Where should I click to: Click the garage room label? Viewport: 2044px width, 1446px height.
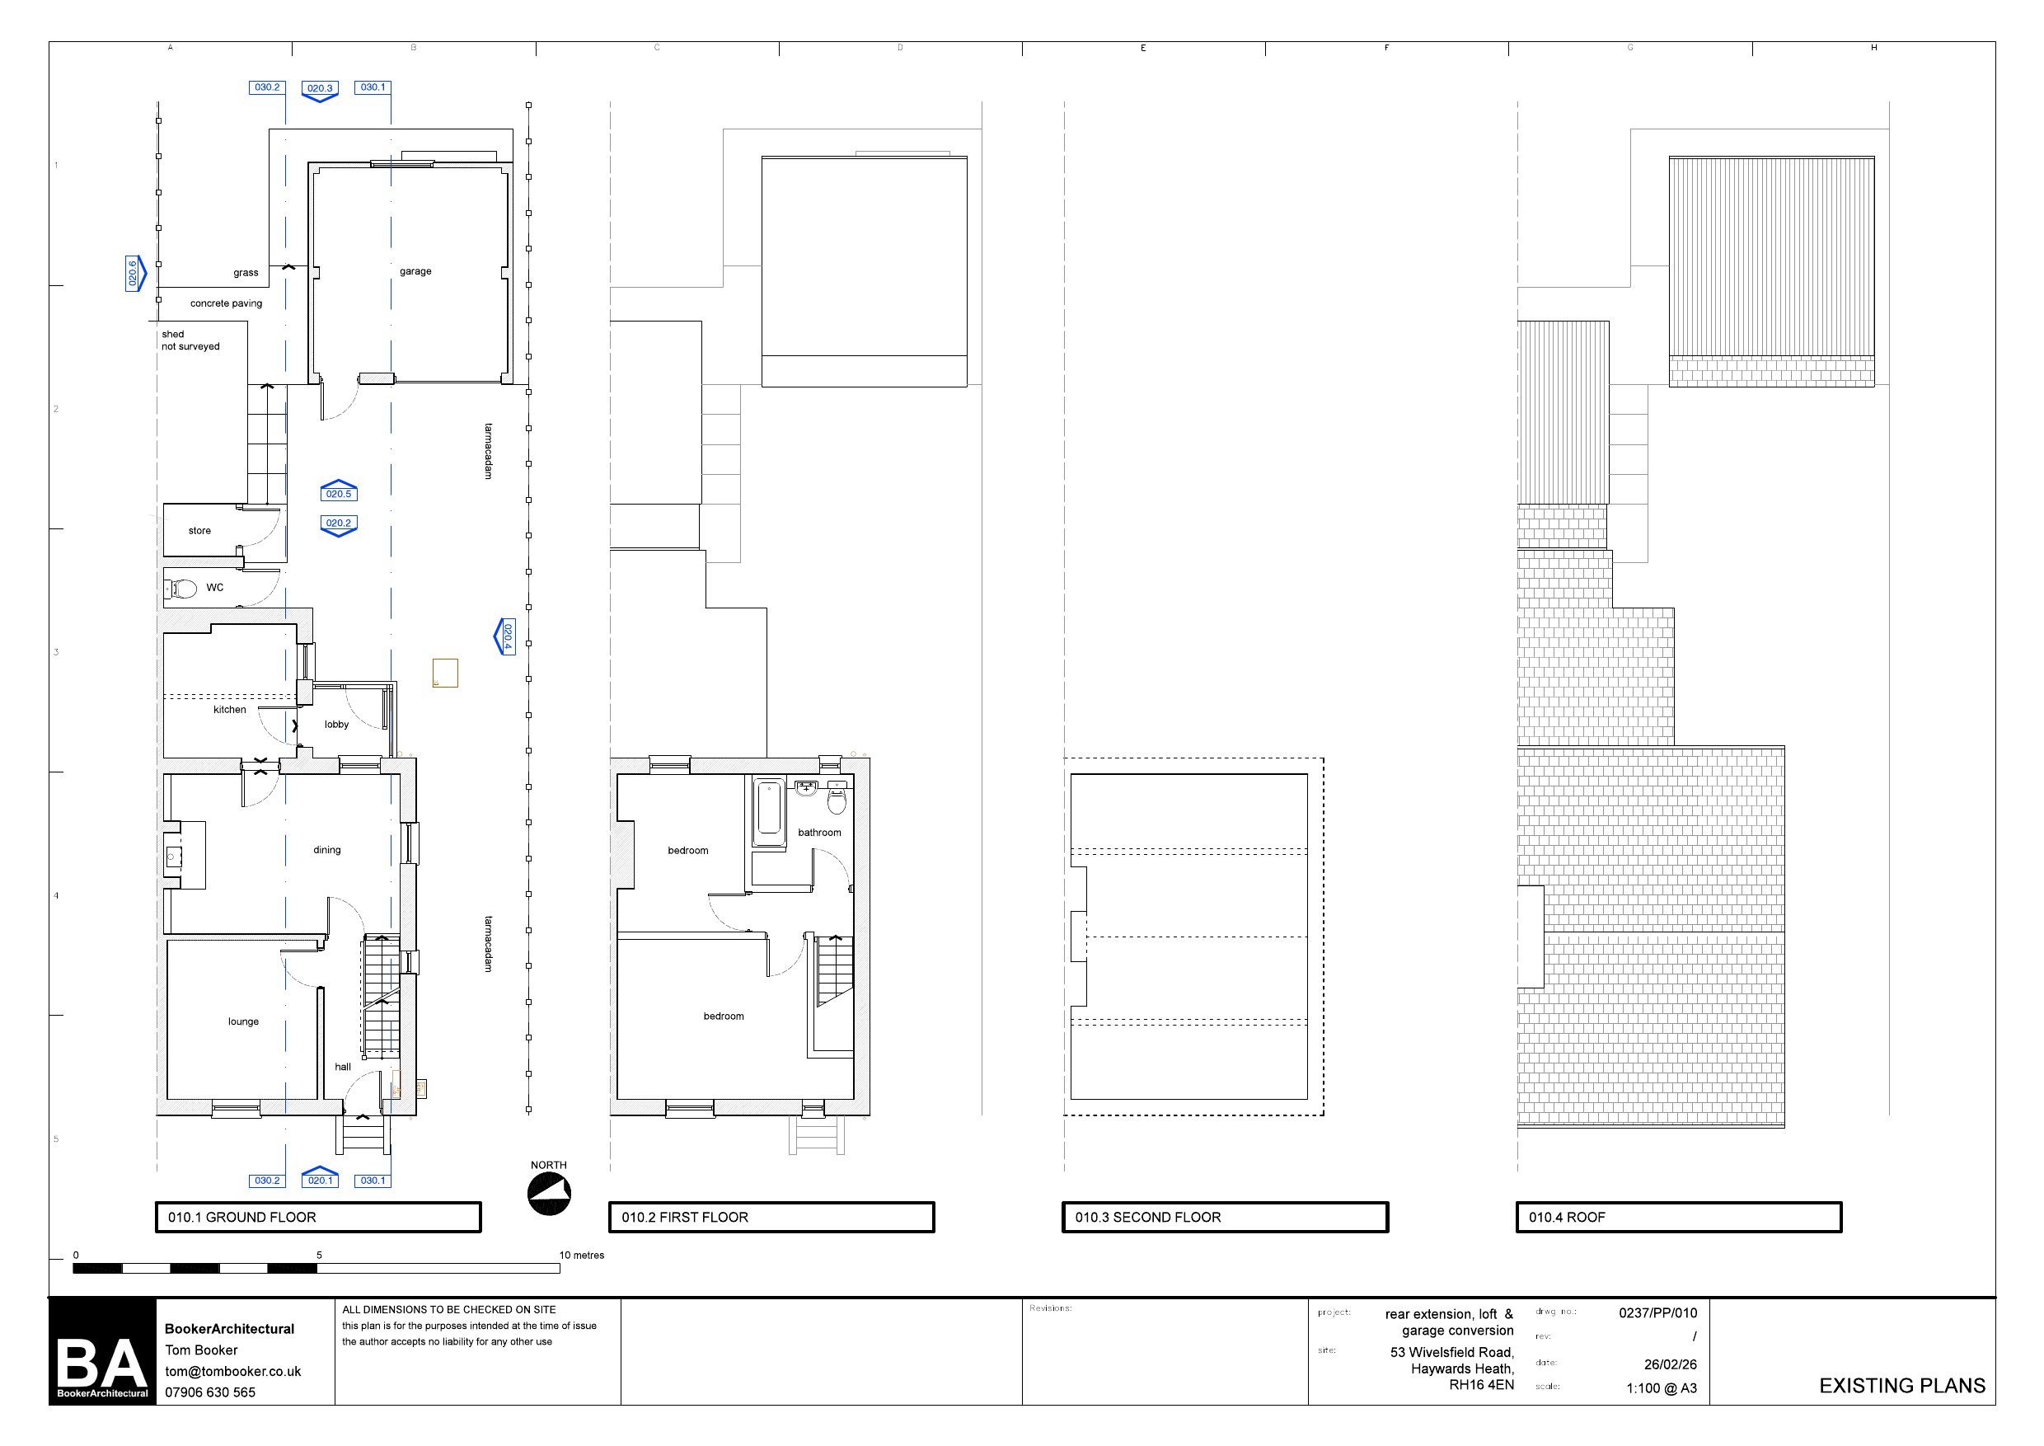tap(415, 271)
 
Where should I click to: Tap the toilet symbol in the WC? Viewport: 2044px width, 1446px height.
tap(180, 589)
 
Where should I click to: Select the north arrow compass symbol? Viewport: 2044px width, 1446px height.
tap(549, 1194)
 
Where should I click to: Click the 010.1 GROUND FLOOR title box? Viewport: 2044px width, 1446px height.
tap(319, 1217)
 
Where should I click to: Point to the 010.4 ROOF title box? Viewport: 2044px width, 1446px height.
tap(1679, 1217)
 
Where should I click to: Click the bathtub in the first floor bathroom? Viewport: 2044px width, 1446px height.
tap(768, 812)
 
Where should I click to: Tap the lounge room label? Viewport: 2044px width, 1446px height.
tap(243, 1021)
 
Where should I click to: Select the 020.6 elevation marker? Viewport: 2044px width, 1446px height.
tap(134, 274)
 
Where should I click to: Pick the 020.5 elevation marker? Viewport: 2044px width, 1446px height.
tap(338, 491)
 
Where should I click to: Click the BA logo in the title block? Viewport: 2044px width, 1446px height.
tap(102, 1352)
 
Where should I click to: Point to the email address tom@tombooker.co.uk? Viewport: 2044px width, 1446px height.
tap(233, 1371)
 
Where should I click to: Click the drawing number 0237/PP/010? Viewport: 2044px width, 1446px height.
tap(1657, 1312)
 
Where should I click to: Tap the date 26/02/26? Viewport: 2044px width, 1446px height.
tap(1670, 1364)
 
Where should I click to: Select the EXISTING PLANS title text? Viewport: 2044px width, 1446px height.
tap(1902, 1386)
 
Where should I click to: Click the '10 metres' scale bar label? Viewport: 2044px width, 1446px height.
tap(581, 1256)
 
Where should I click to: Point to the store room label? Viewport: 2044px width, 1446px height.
tap(199, 531)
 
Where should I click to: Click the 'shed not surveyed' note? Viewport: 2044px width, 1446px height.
tap(190, 340)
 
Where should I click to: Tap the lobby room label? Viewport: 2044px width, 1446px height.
tap(336, 725)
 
